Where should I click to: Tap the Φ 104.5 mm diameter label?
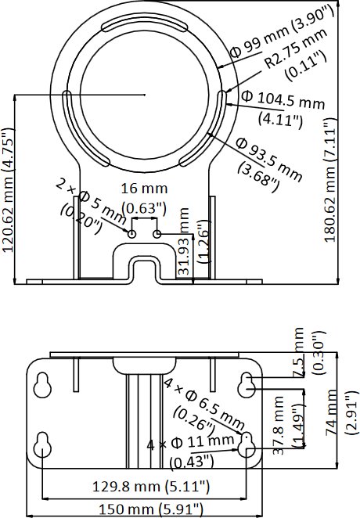pos(283,100)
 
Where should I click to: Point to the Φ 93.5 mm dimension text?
pos(268,160)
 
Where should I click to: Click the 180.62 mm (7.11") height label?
pos(330,181)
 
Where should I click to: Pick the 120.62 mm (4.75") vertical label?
pos(9,190)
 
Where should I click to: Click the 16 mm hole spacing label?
pos(144,189)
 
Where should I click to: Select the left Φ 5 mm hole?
pos(131,234)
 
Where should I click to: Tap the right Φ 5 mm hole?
pos(157,234)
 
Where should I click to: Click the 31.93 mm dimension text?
pos(184,242)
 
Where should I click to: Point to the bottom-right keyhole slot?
pos(247,445)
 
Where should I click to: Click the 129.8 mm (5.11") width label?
pos(150,487)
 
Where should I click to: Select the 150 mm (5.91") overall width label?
pos(150,509)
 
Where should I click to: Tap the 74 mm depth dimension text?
pos(332,412)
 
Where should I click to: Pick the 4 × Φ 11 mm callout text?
pos(190,443)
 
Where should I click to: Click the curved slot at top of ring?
pos(144,25)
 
